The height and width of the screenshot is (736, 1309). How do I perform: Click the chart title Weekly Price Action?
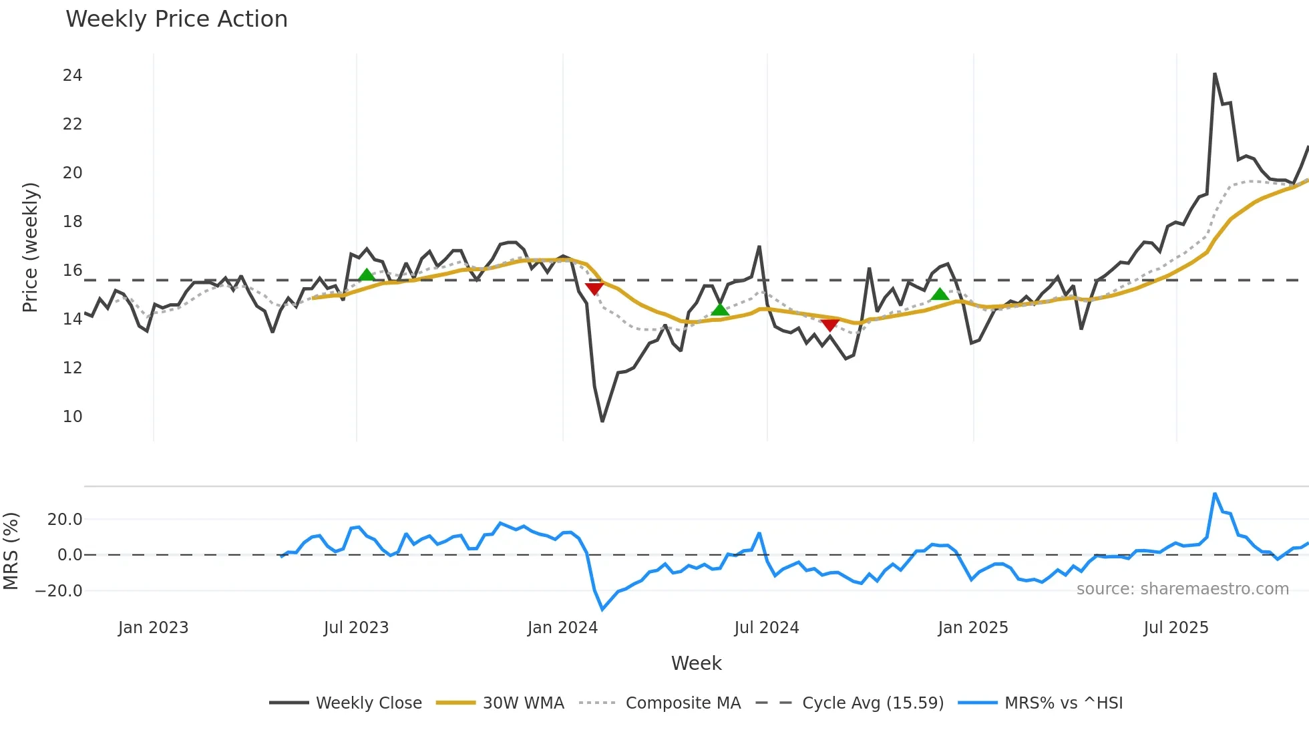tap(176, 19)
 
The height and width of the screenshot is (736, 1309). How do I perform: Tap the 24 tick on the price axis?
tap(72, 75)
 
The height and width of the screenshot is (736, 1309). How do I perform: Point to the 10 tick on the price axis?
tap(72, 417)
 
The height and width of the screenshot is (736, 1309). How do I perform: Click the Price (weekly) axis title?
tap(30, 247)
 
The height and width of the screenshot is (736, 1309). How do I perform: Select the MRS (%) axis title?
tap(11, 551)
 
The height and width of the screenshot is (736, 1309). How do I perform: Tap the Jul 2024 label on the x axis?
tap(766, 628)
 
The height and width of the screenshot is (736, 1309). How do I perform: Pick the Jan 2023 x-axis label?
tap(153, 628)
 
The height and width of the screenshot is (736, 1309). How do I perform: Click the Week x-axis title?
tap(696, 663)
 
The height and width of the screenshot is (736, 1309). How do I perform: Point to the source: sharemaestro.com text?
tap(1182, 589)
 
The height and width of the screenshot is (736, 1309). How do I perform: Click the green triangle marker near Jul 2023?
tap(367, 275)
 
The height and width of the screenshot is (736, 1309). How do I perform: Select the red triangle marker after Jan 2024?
tap(594, 289)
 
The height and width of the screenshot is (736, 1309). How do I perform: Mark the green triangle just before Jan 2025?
tap(940, 295)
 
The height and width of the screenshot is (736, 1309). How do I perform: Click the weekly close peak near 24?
tap(1215, 73)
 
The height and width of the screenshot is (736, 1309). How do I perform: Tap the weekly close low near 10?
tap(602, 421)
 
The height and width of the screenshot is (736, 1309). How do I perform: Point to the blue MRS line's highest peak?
tap(1215, 494)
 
